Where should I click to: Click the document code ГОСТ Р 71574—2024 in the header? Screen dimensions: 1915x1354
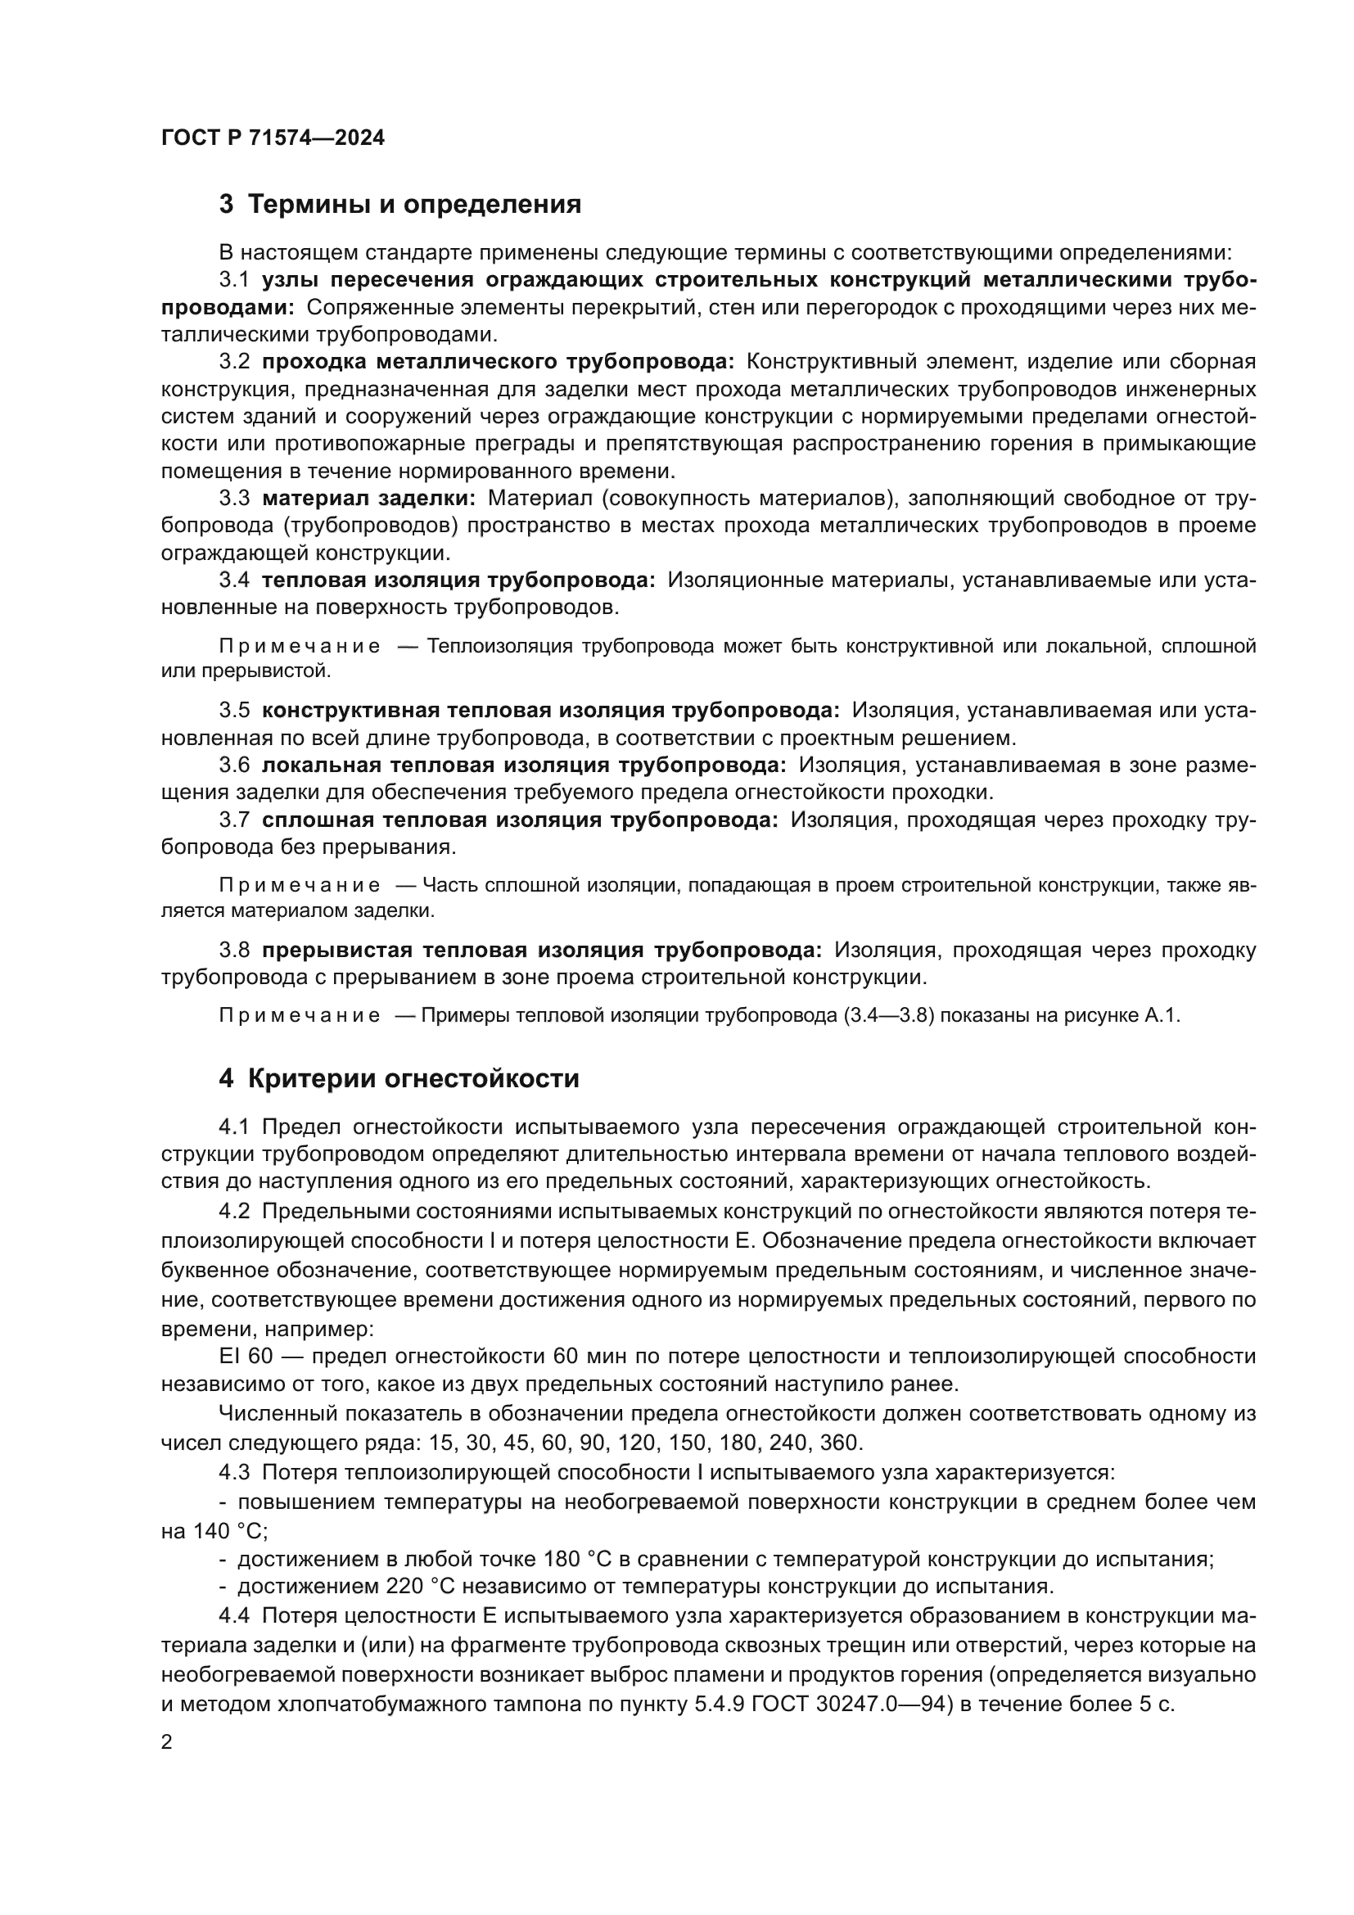click(273, 138)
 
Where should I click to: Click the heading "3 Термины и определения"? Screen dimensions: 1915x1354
click(400, 205)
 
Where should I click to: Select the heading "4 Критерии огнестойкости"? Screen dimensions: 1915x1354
click(399, 1078)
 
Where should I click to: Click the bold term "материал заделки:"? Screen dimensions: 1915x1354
click(368, 499)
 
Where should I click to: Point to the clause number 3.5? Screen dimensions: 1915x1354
click(234, 711)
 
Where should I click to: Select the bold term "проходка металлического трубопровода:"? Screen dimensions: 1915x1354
click(498, 362)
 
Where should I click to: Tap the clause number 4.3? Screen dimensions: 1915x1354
click(234, 1472)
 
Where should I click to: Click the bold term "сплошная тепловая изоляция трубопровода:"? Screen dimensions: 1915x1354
click(520, 820)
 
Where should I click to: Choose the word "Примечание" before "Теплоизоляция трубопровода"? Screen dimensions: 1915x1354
click(300, 647)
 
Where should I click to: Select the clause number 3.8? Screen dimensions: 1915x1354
click(234, 951)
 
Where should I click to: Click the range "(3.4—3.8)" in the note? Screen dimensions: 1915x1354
click(887, 1016)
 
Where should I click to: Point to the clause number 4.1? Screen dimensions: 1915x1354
click(234, 1127)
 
